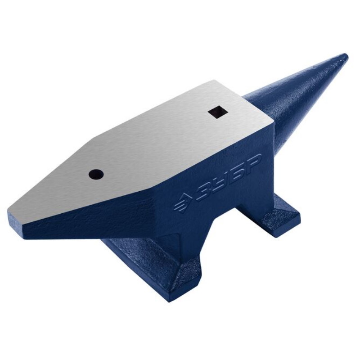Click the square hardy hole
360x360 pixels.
tap(218, 112)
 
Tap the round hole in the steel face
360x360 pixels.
tap(96, 174)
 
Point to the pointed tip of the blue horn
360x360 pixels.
tap(346, 56)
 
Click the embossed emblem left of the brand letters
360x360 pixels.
tap(181, 203)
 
